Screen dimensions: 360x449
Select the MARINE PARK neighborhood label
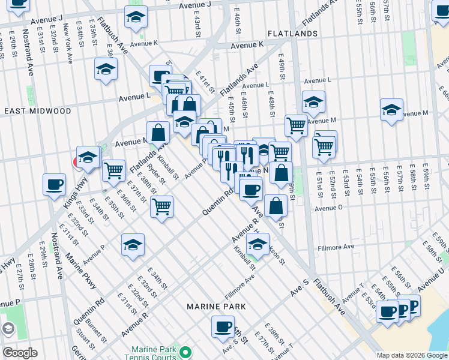[216, 307]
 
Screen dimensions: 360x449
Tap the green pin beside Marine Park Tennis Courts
[186, 351]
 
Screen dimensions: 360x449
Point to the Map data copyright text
[412, 355]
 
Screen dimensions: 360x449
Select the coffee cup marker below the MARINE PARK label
[223, 326]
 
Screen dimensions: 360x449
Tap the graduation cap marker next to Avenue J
[136, 17]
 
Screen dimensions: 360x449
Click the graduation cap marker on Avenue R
[258, 244]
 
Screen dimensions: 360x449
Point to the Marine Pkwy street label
[80, 271]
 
